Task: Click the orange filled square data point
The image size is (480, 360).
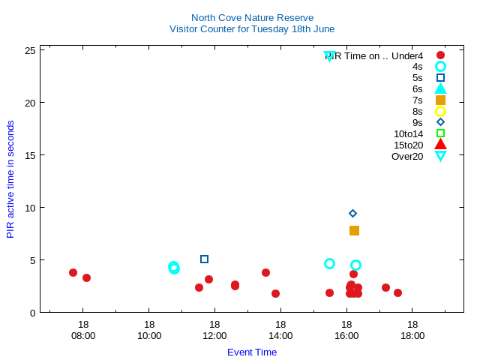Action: (x=354, y=230)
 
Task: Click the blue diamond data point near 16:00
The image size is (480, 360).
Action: (x=352, y=214)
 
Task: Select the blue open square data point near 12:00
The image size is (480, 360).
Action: (x=204, y=259)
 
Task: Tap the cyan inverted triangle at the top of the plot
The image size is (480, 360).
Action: (x=329, y=56)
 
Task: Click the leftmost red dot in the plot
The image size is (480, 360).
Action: (x=73, y=273)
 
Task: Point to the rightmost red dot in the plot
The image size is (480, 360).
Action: (x=397, y=292)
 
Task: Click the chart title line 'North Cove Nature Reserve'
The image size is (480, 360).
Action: (x=252, y=18)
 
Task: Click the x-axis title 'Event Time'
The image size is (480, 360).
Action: (x=252, y=352)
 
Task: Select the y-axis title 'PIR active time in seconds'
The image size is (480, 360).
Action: (x=10, y=179)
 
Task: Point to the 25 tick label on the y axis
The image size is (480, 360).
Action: (x=31, y=50)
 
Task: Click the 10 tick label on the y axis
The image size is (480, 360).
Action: (x=31, y=208)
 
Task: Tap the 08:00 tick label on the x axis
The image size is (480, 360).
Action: (x=83, y=335)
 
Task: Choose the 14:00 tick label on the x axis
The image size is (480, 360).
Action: (x=280, y=335)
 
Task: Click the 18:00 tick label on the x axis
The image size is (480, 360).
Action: (x=412, y=335)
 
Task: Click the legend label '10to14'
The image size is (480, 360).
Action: (x=408, y=134)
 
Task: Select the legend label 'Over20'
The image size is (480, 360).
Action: (x=407, y=157)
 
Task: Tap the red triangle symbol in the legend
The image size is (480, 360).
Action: (x=440, y=145)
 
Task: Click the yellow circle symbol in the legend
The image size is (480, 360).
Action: (x=440, y=111)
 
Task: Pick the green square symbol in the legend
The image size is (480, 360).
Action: (x=440, y=133)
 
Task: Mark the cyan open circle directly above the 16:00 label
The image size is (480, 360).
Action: (x=355, y=265)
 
